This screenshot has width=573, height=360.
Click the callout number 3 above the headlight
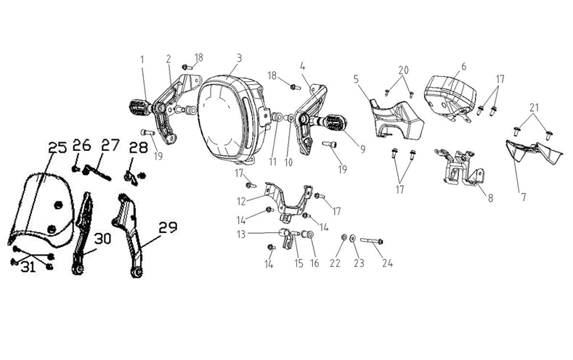point(239,58)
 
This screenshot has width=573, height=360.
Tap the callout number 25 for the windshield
point(58,147)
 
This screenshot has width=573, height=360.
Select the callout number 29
point(168,227)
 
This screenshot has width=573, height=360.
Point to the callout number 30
point(102,239)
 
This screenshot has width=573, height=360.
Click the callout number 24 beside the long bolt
point(387,263)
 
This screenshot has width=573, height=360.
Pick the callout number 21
point(534,108)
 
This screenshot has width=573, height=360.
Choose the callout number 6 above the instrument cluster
point(464,67)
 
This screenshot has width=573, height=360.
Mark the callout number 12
point(241,201)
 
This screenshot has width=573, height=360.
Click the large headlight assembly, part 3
point(230,120)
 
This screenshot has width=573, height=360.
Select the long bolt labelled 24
point(372,241)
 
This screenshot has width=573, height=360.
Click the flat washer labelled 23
point(352,238)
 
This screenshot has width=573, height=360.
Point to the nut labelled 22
point(344,237)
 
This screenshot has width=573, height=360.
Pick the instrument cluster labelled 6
point(450,96)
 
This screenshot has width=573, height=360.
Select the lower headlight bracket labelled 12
point(289,200)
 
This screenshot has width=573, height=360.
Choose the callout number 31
point(28,267)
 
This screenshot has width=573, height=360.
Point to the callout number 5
point(357,79)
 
